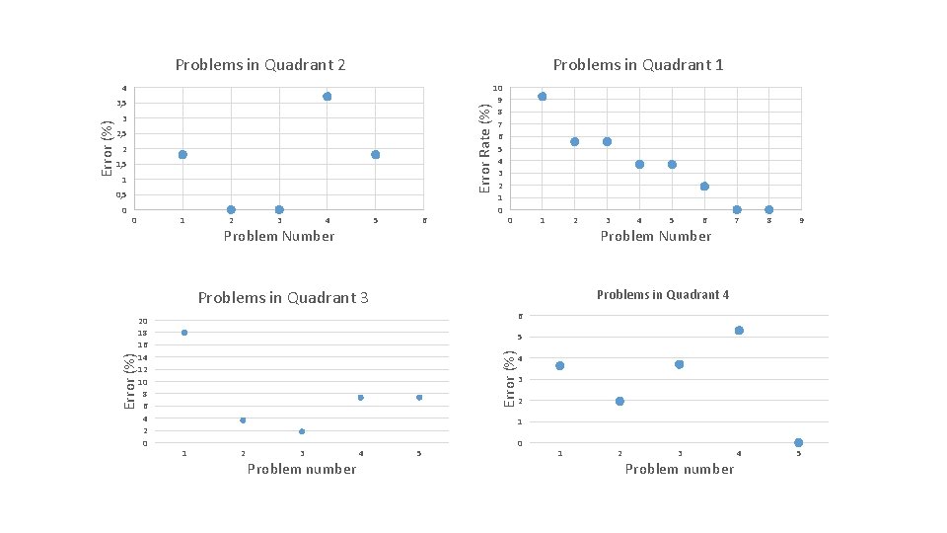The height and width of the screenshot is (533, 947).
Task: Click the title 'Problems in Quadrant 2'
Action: coord(259,65)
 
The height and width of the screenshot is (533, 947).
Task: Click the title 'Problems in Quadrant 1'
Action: coord(638,65)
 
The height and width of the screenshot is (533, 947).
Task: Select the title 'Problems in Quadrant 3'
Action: coord(283,298)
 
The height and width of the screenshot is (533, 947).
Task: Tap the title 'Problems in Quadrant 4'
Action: coord(663,295)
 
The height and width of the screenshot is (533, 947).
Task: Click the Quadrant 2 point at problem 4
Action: coord(327,97)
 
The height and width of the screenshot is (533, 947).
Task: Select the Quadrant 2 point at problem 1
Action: coord(182,155)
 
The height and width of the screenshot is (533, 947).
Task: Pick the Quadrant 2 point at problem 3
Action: coord(279,209)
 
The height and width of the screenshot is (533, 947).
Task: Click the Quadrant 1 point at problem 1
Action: coord(543,97)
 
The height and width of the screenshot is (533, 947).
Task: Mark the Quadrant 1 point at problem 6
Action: coord(704,187)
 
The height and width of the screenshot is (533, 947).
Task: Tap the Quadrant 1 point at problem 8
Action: coord(769,209)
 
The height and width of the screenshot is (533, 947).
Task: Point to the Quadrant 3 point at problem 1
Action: coord(184,333)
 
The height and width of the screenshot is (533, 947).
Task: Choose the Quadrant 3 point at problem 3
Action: coord(302,431)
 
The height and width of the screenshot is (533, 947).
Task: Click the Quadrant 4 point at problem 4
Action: coord(739,331)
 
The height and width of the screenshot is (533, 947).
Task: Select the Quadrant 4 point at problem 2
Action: coord(619,401)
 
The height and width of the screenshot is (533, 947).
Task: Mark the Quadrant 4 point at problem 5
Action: coord(798,442)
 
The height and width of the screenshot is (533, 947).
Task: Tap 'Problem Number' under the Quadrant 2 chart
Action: coord(279,236)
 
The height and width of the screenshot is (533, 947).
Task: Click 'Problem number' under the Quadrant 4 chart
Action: coord(679,469)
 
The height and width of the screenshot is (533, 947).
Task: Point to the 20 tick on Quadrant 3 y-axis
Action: coord(143,321)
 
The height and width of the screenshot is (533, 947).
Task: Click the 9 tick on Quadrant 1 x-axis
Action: coord(802,221)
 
